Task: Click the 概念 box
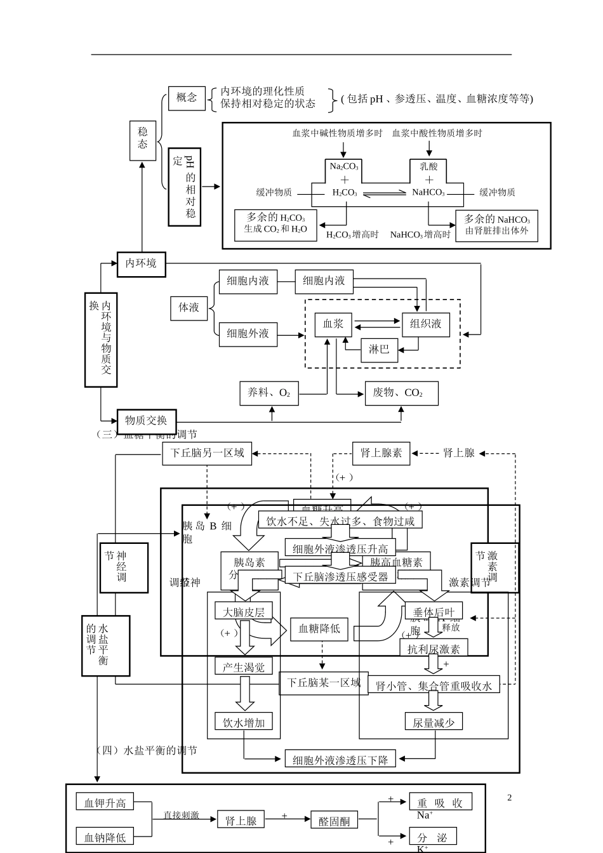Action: [x=187, y=98]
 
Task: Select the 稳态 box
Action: [x=143, y=140]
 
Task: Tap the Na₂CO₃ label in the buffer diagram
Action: [x=344, y=167]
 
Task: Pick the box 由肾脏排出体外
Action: [x=496, y=225]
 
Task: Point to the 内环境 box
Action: [x=141, y=263]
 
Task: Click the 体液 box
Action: [x=189, y=307]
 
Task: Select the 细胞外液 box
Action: [x=248, y=333]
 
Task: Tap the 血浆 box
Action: [x=333, y=324]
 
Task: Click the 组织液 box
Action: [x=426, y=324]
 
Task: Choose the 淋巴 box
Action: [x=379, y=349]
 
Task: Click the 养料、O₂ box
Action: [x=268, y=393]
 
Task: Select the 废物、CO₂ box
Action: [x=401, y=393]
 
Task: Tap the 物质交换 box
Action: [x=146, y=421]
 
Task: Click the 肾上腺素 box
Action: [x=381, y=453]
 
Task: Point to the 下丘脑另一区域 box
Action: [x=207, y=453]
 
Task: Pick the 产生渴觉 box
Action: [x=244, y=666]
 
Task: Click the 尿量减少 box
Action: [x=434, y=722]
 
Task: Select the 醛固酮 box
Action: [x=334, y=821]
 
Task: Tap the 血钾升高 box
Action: [x=105, y=803]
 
